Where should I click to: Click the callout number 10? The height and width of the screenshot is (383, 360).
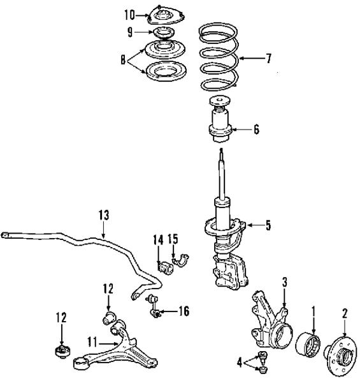[130, 15]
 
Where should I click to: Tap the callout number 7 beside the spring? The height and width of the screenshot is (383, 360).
[268, 58]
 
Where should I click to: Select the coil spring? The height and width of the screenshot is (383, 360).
[219, 57]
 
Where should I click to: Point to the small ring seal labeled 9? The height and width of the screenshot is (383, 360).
[164, 33]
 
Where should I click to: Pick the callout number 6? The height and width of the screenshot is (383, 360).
[256, 129]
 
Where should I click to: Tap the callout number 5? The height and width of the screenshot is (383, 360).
[268, 225]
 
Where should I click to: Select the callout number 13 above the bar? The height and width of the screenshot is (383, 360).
[104, 215]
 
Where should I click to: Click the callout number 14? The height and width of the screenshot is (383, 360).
[158, 239]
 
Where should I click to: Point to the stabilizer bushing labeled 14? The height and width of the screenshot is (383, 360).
[165, 267]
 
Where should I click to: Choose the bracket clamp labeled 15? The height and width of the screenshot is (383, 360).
[180, 260]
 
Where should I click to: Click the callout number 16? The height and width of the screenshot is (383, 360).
[184, 312]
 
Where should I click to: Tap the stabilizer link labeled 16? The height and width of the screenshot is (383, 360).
[154, 306]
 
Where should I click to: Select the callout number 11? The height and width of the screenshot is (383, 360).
[92, 342]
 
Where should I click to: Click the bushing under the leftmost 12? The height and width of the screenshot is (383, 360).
[62, 351]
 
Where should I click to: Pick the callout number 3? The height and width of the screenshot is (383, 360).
[285, 282]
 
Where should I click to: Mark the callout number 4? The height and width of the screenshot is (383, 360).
[240, 363]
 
